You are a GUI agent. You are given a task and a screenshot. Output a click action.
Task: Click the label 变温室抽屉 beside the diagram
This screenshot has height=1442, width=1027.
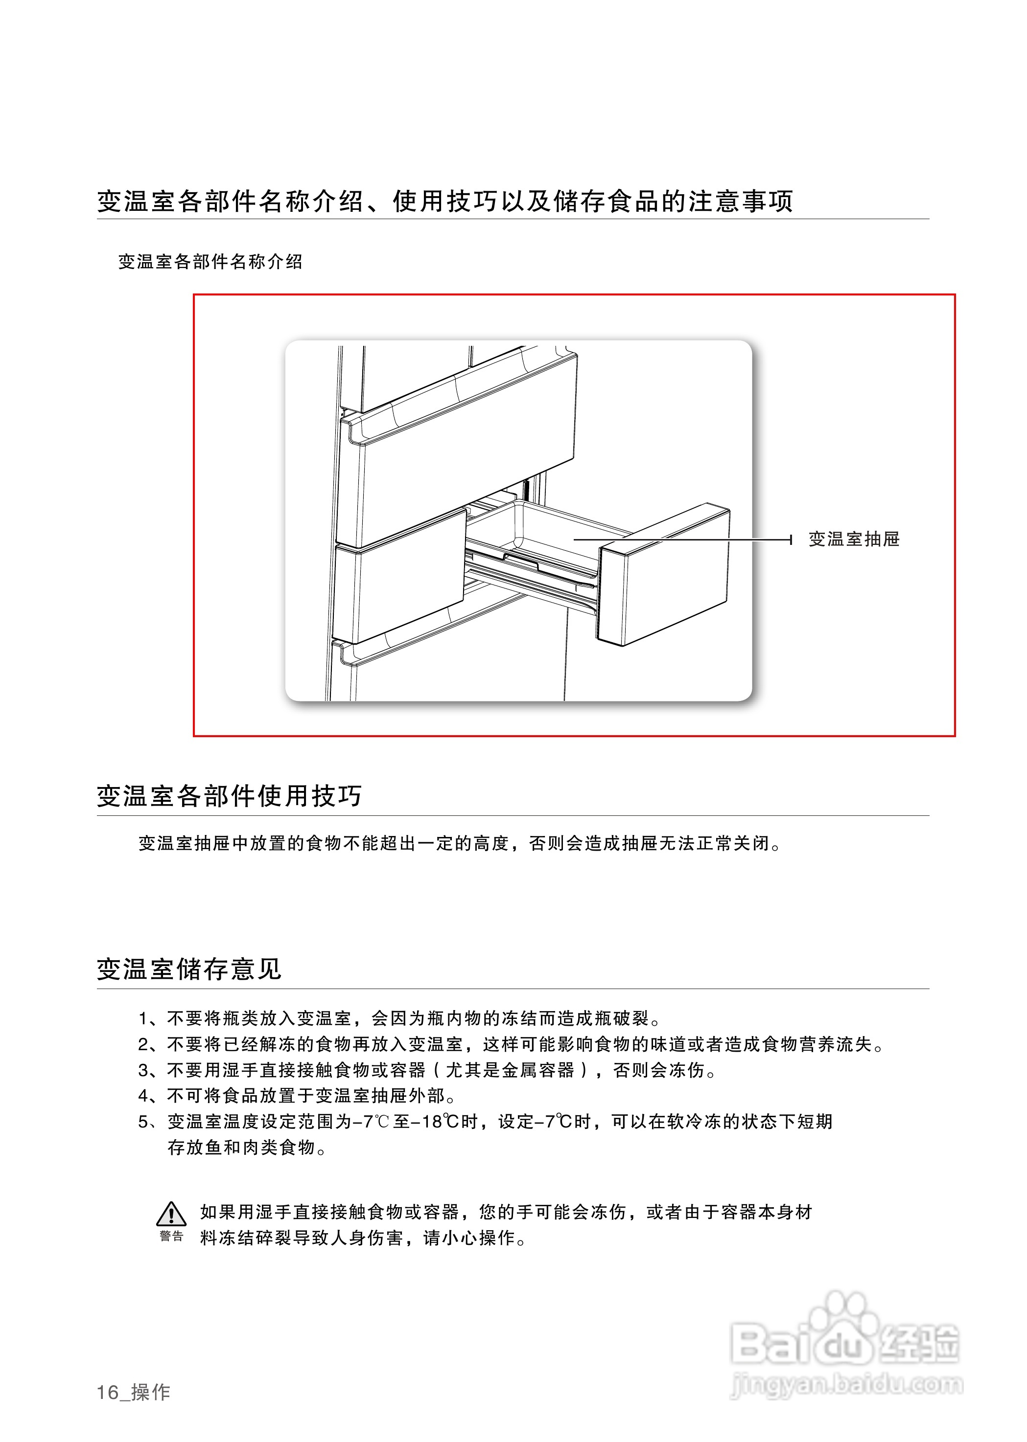coord(854,539)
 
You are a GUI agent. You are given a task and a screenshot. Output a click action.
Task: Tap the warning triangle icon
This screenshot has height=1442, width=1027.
coord(171,1214)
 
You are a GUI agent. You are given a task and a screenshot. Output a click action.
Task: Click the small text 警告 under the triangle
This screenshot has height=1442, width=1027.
coord(171,1236)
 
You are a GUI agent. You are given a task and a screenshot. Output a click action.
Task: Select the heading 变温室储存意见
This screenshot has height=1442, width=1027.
coord(188,969)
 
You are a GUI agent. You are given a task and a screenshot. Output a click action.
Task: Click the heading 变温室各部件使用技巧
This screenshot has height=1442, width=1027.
coord(229,795)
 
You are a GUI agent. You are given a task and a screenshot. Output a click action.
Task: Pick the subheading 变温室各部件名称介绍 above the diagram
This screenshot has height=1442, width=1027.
coord(210,262)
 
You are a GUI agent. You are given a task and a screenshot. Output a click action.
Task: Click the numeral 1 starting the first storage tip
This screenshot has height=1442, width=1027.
coord(143,1018)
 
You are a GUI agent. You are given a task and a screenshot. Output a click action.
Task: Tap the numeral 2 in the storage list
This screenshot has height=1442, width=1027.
coord(143,1044)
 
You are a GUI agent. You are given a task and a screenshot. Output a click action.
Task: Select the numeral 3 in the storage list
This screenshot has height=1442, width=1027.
coord(143,1070)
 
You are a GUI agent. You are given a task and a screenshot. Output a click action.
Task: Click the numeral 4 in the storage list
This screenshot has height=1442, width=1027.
coord(143,1096)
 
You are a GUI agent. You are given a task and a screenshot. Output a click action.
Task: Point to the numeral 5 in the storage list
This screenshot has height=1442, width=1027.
coord(143,1122)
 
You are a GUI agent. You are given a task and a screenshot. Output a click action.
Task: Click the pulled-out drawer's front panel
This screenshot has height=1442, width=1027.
coord(664,575)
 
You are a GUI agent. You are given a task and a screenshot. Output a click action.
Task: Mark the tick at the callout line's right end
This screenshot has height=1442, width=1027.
coord(791,540)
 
